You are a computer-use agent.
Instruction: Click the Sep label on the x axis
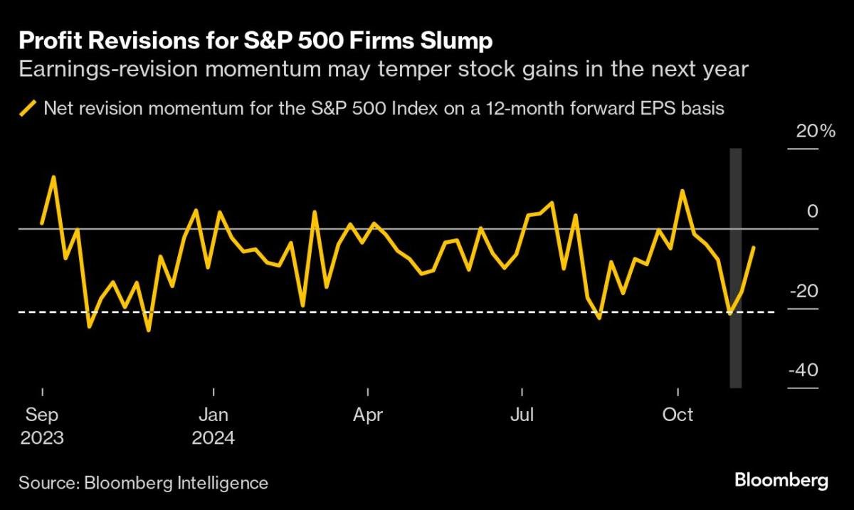point(43,415)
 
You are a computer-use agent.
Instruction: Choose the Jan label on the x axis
point(213,415)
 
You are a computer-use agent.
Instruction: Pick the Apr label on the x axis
point(368,415)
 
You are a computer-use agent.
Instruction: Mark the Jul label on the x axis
point(522,415)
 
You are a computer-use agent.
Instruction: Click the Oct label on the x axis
point(678,415)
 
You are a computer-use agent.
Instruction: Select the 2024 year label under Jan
point(213,437)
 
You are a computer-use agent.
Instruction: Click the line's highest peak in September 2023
point(53,176)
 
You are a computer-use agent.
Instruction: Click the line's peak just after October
point(683,191)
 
